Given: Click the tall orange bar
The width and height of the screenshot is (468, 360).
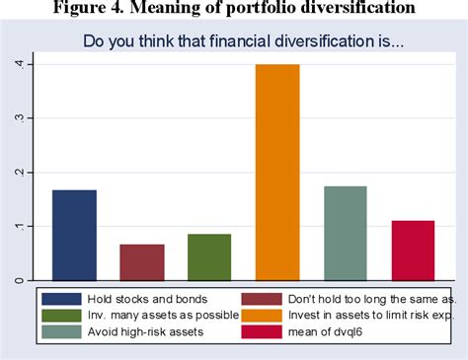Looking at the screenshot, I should [x=278, y=173].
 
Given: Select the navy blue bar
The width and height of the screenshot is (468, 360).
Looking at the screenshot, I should [x=74, y=235].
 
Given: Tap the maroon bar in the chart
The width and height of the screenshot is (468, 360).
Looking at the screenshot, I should [x=142, y=261].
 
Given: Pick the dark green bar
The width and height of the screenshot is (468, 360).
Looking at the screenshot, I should [x=209, y=256].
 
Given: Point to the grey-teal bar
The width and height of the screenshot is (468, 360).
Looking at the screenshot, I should [x=346, y=233].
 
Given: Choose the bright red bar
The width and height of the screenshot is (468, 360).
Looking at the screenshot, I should [x=413, y=251].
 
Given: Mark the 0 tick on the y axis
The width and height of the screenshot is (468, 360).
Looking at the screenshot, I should [x=18, y=280].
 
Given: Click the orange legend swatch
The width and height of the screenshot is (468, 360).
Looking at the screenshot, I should [x=266, y=315].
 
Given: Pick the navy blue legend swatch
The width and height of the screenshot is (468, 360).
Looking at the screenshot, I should [x=62, y=297].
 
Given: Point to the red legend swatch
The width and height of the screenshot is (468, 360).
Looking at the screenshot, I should [x=266, y=332].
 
